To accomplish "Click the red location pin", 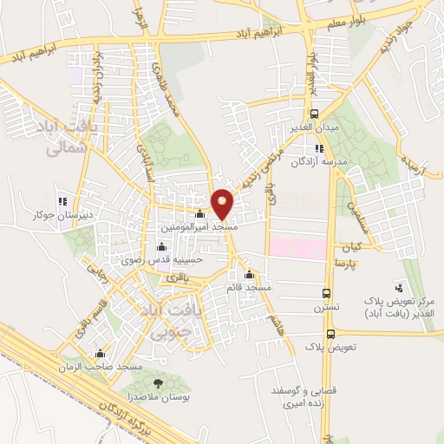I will point(223,203).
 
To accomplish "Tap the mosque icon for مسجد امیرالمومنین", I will point(200,214).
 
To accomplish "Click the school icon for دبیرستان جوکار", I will point(61,193).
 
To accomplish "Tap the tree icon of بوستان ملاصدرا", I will point(157,383).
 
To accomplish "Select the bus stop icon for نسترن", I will point(326,293).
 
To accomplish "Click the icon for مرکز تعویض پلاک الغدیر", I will point(398,286).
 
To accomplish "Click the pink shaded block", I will point(297,245).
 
